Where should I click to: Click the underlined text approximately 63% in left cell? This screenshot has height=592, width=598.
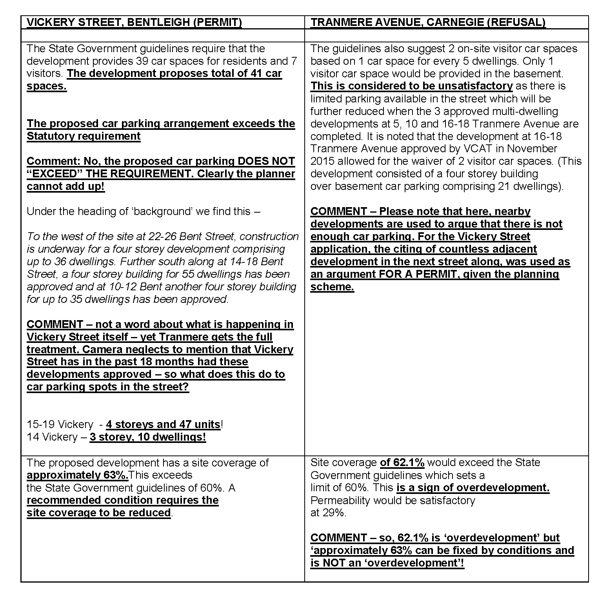coord(77,475)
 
